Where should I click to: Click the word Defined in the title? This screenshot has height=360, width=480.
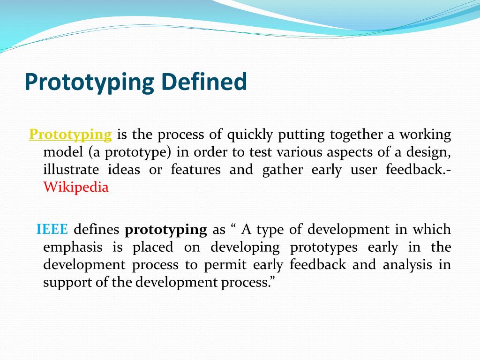203,82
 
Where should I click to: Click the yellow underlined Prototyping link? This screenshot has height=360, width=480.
70,135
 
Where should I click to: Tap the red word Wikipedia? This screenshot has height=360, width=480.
76,187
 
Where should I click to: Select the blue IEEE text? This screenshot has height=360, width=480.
52,229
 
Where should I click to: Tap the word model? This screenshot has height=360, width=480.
63,152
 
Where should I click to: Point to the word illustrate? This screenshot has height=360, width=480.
71,169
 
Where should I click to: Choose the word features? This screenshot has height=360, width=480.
195,169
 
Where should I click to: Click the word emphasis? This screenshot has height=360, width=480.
73,247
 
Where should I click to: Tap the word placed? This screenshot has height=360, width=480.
153,247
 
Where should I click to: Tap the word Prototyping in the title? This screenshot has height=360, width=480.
89,82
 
